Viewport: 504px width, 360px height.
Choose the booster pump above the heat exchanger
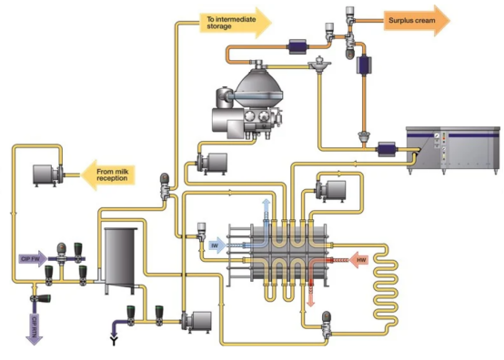click(327, 190)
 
